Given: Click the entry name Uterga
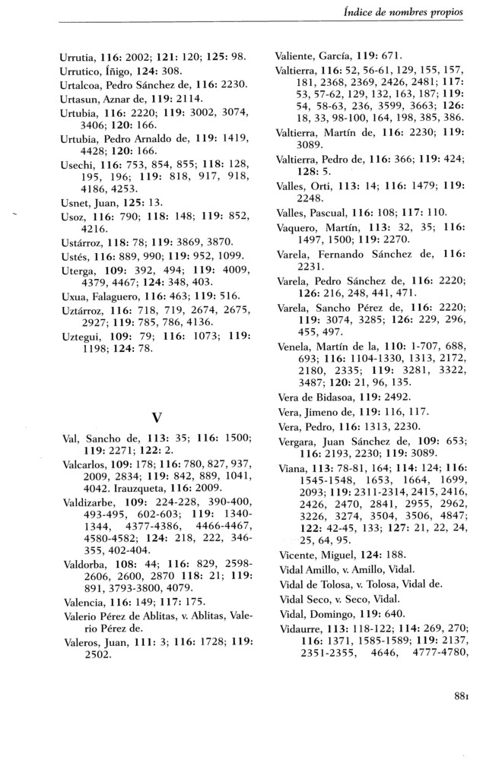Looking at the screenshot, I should [76, 294].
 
